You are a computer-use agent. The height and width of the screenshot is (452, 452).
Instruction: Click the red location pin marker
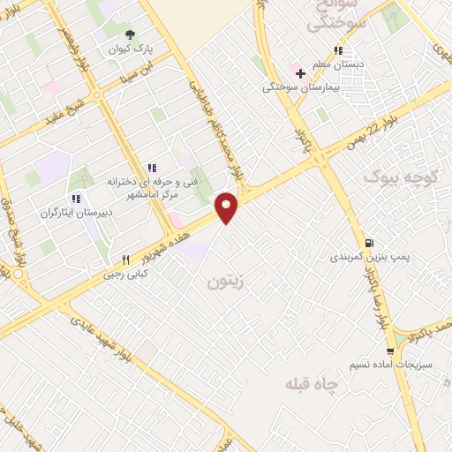[x=228, y=207]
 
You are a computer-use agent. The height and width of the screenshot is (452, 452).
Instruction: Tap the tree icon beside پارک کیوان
[x=131, y=34]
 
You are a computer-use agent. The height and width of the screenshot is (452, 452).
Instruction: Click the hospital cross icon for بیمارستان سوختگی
[x=301, y=72]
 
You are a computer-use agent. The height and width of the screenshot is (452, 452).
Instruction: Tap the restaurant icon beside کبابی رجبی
[x=126, y=260]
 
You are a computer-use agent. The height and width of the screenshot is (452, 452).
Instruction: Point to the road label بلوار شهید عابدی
[x=106, y=336]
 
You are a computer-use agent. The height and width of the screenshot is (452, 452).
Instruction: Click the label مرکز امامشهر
[x=165, y=193]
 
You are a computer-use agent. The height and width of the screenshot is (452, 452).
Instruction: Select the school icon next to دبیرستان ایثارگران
[x=75, y=198]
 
